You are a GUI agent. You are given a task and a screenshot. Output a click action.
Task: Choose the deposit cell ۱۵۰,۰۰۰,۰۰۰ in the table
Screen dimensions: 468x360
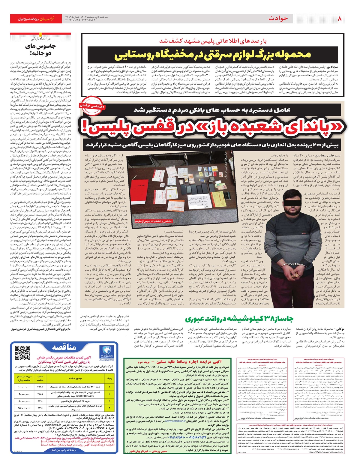24,408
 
